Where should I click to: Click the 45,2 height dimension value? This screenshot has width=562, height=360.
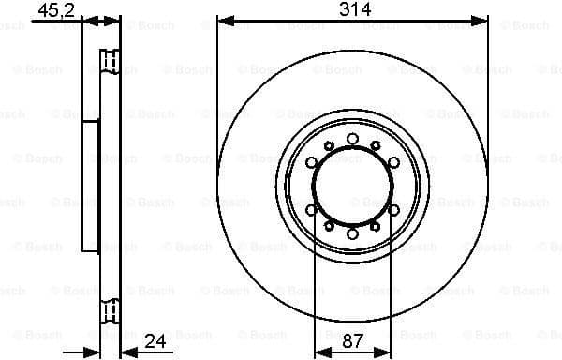[56, 10]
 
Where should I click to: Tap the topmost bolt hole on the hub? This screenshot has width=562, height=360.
[352, 139]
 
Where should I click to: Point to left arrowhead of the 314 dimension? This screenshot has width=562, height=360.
[223, 20]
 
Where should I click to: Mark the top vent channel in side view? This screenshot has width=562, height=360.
[111, 64]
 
